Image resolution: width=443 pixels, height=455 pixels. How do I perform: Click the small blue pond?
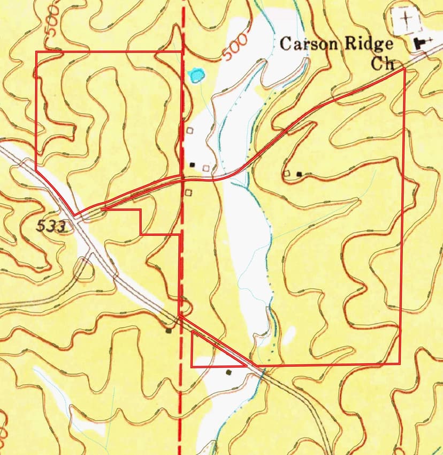[196, 74]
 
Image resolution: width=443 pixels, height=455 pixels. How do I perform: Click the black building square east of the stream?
[299, 174]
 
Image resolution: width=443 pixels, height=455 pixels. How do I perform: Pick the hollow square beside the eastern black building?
[287, 174]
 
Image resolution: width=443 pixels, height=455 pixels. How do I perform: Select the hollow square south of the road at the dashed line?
[188, 192]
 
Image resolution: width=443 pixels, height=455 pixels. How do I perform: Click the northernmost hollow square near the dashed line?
[189, 130]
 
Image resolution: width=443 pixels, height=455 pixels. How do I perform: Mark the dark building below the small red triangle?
[229, 372]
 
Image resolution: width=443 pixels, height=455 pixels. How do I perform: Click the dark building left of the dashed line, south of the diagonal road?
[169, 330]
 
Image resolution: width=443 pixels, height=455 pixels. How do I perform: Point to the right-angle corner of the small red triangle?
[192, 366]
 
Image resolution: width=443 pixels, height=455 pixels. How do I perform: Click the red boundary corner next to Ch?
[403, 69]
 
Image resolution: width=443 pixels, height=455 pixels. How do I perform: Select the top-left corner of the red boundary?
[36, 52]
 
